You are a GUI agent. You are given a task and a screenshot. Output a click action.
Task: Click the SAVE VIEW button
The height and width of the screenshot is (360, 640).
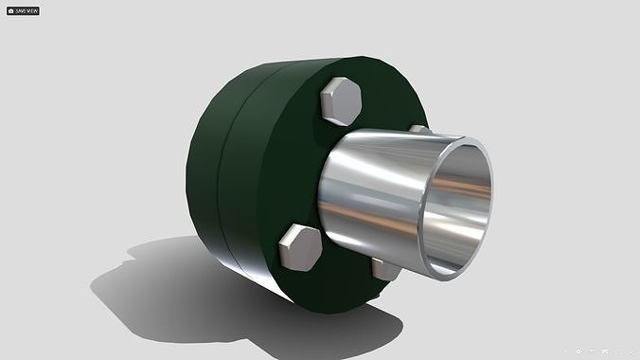(x=23, y=10)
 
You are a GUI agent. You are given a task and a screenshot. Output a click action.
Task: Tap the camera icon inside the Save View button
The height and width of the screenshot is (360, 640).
(x=11, y=10)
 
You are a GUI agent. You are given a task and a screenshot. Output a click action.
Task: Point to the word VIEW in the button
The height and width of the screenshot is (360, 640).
(x=32, y=10)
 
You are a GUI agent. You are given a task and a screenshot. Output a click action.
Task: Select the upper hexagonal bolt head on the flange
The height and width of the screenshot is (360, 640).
(x=342, y=101)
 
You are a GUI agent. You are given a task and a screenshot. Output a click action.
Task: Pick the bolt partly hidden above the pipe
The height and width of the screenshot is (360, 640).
(x=418, y=129)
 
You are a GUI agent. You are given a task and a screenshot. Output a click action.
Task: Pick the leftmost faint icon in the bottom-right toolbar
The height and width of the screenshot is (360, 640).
(x=564, y=351)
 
